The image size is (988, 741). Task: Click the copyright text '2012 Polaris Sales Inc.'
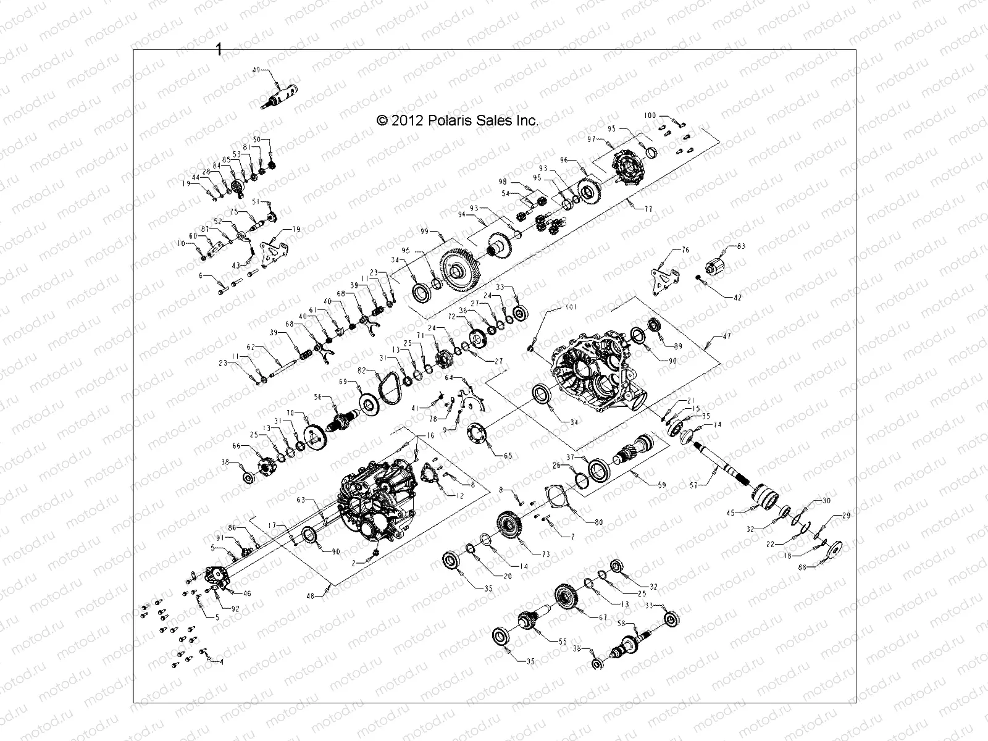[458, 121]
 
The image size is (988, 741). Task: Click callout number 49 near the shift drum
[257, 70]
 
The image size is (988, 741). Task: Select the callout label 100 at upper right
[650, 115]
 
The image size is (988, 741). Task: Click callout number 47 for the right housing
[726, 337]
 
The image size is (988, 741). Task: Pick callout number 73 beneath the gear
[546, 555]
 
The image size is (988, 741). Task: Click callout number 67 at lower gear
[603, 617]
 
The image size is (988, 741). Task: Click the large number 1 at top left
[219, 49]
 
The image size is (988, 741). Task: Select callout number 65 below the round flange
[508, 456]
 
